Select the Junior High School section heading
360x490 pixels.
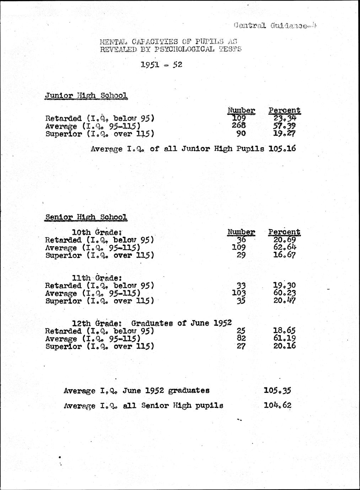pyautogui.click(x=86, y=96)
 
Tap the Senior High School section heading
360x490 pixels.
pyautogui.click(x=86, y=217)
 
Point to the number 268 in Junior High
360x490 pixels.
pyautogui.click(x=239, y=125)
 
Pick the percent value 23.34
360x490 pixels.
pyautogui.click(x=284, y=118)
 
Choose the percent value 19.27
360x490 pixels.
pyautogui.click(x=284, y=133)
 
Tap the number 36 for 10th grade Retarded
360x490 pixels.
pyautogui.click(x=241, y=240)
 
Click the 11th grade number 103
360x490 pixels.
pyautogui.click(x=239, y=293)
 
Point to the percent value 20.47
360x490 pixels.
pyautogui.click(x=285, y=301)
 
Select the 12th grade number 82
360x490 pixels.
pyautogui.click(x=241, y=339)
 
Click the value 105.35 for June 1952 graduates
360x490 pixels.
pyautogui.click(x=278, y=391)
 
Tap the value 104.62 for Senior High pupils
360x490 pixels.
pyautogui.click(x=278, y=405)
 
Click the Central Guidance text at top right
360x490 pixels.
pyautogui.click(x=276, y=26)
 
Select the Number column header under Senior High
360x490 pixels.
pyautogui.click(x=241, y=232)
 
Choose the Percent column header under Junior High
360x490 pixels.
pyautogui.click(x=284, y=110)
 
